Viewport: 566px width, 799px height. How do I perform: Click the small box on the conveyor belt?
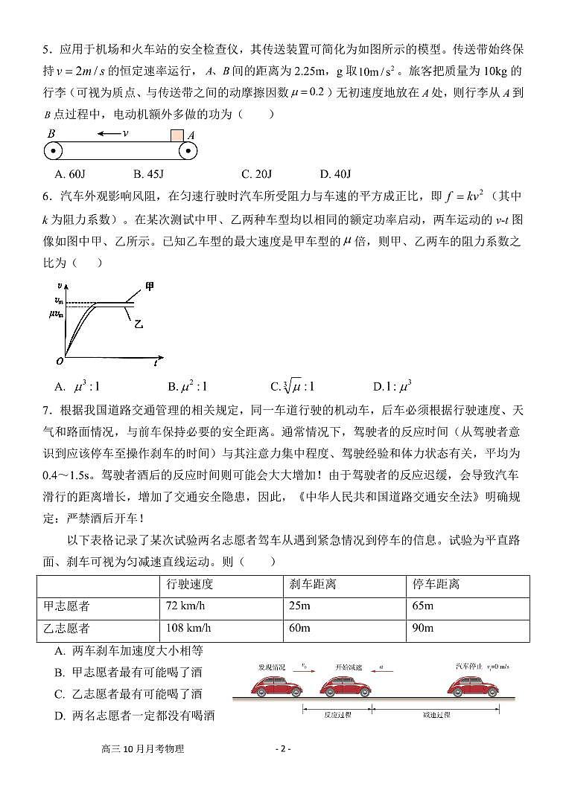click(176, 135)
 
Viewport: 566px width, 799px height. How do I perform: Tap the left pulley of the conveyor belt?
click(53, 151)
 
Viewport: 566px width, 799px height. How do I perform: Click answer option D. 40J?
click(335, 175)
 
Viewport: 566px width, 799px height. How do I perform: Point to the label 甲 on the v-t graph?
click(150, 286)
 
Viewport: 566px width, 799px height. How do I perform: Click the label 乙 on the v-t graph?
click(139, 324)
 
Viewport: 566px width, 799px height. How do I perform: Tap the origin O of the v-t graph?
click(59, 362)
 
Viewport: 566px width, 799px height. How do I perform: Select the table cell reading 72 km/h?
click(185, 606)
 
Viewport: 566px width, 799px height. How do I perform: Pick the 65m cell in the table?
click(422, 606)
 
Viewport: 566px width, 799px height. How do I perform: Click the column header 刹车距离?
click(312, 584)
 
